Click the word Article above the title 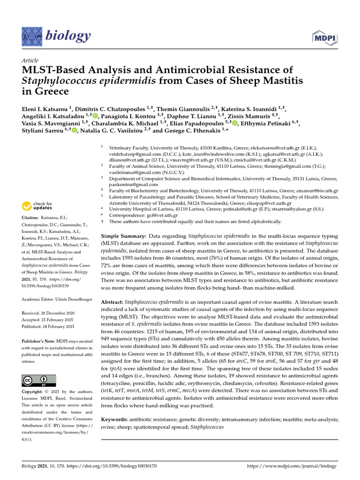[30, 61]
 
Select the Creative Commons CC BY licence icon [39, 380]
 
